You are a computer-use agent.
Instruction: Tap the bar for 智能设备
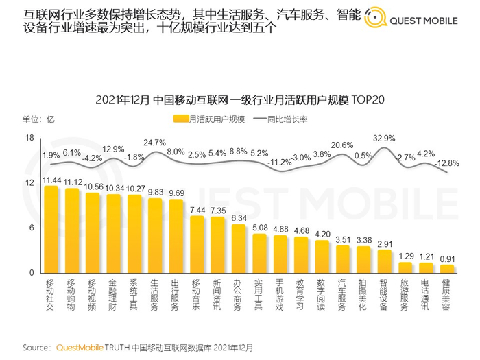point(385,261)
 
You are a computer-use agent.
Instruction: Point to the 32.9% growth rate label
point(384,138)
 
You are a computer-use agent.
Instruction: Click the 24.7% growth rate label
point(154,143)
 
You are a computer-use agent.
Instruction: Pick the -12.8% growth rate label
point(448,163)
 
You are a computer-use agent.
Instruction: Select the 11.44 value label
point(51,180)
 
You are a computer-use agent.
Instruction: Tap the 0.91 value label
point(448,259)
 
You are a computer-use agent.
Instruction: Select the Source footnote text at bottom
point(137,347)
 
